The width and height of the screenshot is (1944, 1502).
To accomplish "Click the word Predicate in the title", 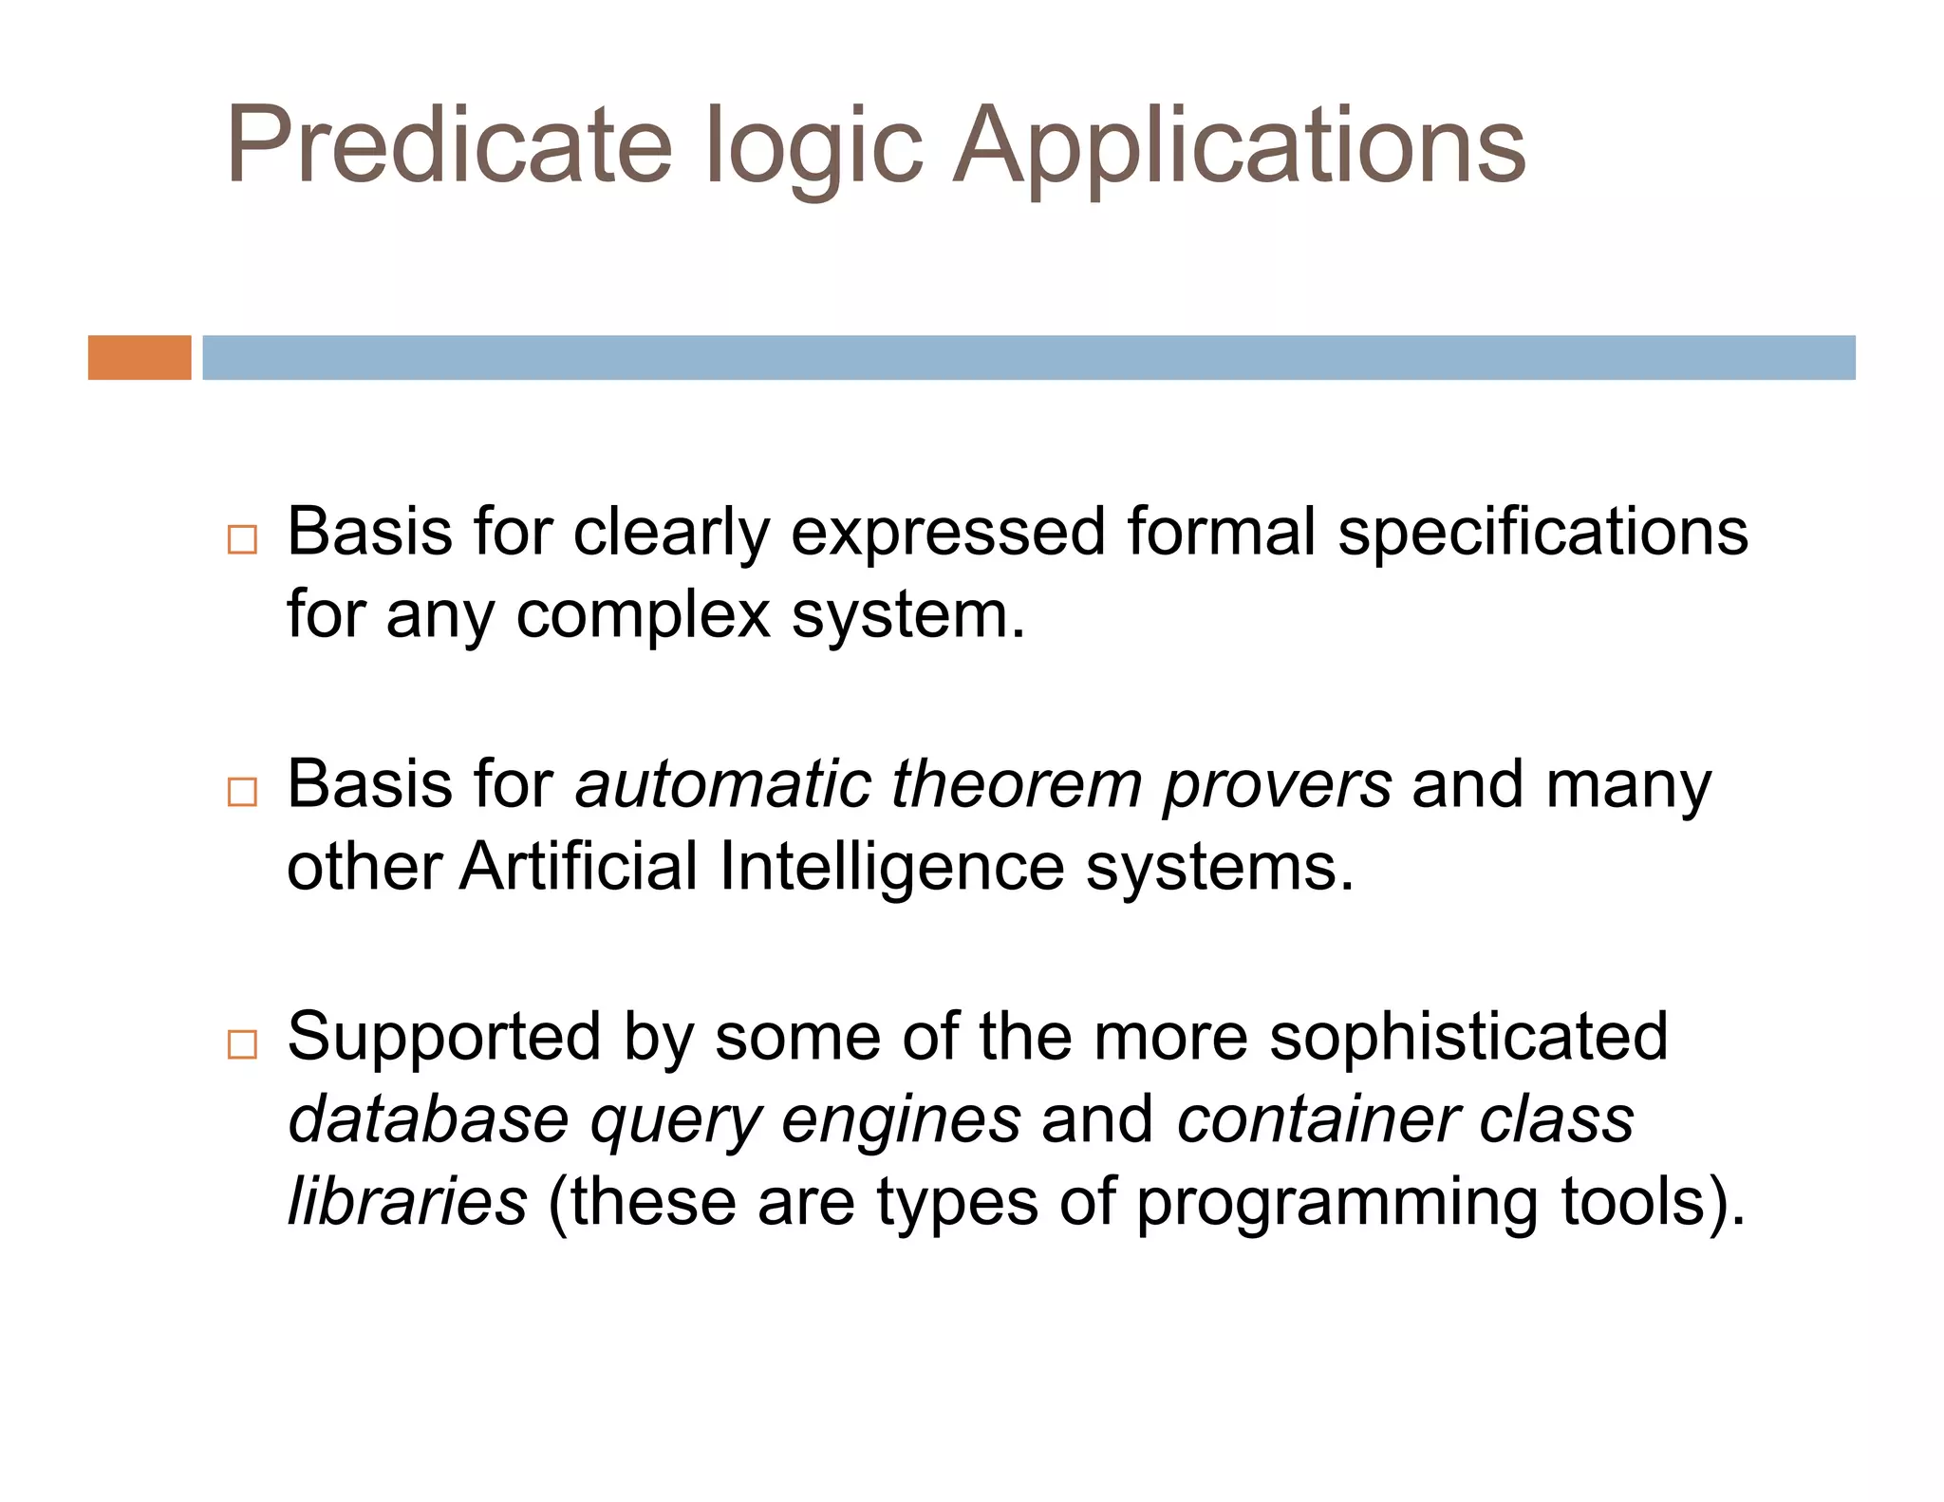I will click(x=448, y=144).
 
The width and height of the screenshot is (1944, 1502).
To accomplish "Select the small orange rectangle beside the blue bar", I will click(x=140, y=357).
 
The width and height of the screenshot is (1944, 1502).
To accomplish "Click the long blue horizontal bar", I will click(x=1028, y=357).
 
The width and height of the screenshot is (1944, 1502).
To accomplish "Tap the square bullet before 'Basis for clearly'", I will click(x=242, y=539).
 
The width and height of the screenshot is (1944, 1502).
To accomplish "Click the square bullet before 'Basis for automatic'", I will click(x=242, y=791).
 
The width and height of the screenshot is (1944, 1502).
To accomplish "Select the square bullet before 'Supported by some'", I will click(x=242, y=1043).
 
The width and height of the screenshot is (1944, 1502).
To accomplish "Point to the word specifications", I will click(x=1542, y=532).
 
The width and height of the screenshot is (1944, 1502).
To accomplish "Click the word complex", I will click(x=643, y=615).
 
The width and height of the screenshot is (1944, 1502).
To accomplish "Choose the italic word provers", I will click(x=1277, y=786).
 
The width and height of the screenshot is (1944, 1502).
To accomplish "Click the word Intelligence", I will click(x=891, y=868).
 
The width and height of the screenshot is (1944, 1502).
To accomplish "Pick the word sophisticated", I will click(x=1467, y=1037).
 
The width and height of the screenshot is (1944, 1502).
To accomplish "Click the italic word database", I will click(x=427, y=1119).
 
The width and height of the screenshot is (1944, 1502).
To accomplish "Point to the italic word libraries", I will click(x=407, y=1201).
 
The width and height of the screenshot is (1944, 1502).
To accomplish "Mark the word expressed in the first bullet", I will click(x=947, y=534).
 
